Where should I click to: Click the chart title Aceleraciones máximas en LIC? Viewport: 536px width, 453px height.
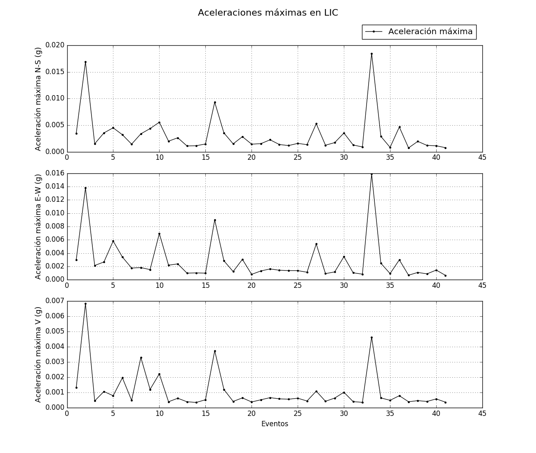268,13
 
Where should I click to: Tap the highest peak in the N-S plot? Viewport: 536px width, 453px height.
371,54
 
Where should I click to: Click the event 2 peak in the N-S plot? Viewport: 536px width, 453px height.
85,62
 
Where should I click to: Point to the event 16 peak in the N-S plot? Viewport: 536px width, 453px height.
215,102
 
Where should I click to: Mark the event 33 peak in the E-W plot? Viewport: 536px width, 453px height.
371,174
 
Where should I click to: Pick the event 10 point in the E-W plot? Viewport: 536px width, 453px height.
159,234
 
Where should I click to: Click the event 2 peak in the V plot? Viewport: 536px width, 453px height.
85,304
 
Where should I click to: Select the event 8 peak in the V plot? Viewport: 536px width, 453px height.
141,357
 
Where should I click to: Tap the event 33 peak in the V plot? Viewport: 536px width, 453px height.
371,337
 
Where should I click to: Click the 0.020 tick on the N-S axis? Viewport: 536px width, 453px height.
55,45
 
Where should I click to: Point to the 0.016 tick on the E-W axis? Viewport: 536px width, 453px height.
55,173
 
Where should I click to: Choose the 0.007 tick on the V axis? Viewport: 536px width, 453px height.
55,301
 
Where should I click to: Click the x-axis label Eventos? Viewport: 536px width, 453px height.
275,424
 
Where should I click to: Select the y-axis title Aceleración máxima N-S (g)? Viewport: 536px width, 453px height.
38,99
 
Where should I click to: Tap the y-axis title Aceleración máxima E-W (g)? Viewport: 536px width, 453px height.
38,226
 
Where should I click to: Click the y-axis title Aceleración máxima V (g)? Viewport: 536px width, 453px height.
38,354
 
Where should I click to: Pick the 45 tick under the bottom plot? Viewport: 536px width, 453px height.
482,413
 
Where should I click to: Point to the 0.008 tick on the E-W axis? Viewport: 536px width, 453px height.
55,226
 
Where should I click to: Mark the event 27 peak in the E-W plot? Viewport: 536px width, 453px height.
316,244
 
